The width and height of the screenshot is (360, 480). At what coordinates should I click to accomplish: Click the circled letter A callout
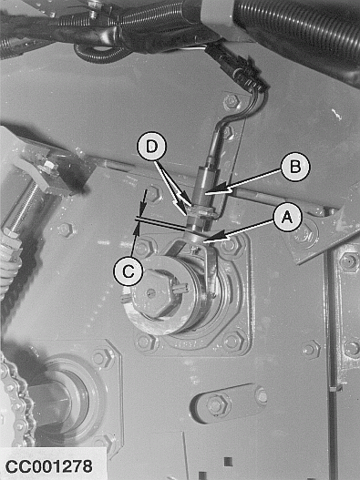click(x=287, y=217)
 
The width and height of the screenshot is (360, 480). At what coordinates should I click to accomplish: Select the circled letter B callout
click(x=295, y=167)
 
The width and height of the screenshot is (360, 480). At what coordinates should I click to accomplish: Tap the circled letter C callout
click(x=129, y=271)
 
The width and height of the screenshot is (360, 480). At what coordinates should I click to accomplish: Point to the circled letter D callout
click(x=151, y=146)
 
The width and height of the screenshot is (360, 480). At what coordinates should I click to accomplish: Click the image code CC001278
click(x=48, y=466)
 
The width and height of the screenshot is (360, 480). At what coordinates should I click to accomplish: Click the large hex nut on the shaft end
click(x=152, y=294)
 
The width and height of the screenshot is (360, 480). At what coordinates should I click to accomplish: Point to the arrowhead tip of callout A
click(x=205, y=242)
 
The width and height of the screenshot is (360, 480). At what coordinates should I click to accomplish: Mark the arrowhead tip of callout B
click(x=206, y=193)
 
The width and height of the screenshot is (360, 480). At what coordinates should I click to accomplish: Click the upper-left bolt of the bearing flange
click(x=143, y=248)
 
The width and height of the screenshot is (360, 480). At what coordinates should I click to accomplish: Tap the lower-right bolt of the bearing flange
click(x=233, y=341)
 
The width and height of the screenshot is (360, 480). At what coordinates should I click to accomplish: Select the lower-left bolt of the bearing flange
click(x=145, y=341)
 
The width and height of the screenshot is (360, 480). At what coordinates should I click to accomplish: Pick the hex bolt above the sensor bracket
click(x=231, y=102)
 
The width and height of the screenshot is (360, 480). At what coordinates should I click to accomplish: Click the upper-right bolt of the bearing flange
click(x=231, y=244)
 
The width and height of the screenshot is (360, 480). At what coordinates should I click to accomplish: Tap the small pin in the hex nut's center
click(x=149, y=292)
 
